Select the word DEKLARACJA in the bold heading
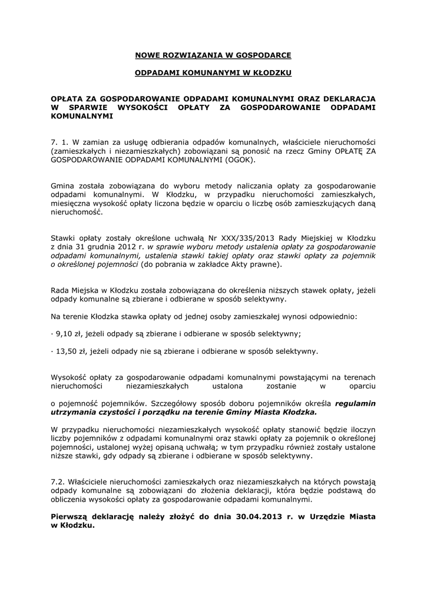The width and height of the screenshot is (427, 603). coord(344,98)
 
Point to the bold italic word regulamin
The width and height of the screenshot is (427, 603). coord(355,404)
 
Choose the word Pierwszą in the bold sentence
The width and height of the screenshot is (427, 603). coord(69,516)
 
